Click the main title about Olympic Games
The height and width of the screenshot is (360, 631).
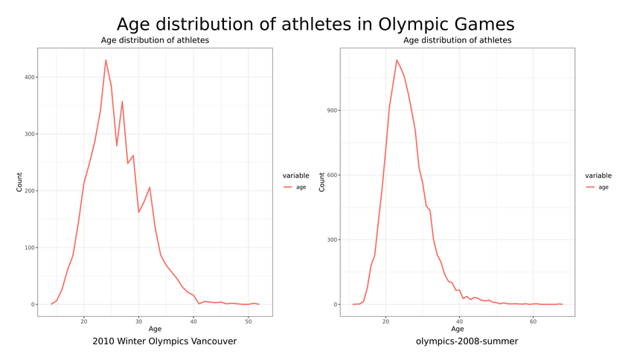coord(315,25)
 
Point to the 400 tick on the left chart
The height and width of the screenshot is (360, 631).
coord(27,77)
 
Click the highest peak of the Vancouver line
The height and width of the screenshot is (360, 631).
coord(106,60)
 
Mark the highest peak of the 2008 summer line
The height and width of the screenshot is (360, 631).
coord(397,60)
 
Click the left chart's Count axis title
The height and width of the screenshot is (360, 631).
coord(20,182)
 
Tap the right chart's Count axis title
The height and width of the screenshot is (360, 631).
coord(322,182)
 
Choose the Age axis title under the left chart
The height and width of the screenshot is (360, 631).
coord(155,329)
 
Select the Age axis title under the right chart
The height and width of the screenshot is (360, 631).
coord(457,329)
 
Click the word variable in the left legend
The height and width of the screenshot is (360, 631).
coord(295,176)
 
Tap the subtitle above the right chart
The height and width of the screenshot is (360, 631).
coord(457,40)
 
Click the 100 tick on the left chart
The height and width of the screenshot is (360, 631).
coord(27,248)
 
